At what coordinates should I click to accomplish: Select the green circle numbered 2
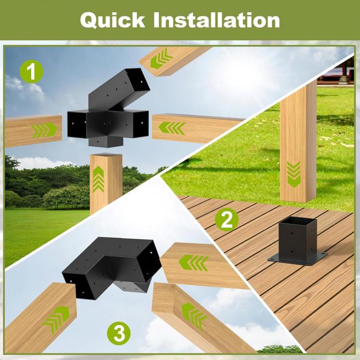226,219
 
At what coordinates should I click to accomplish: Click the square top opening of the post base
298,222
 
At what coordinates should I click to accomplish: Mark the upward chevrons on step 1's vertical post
99,178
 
